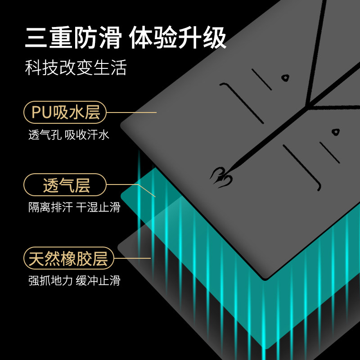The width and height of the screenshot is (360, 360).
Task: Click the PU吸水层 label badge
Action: (x=66, y=112)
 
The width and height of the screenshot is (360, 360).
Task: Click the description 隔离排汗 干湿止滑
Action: (x=74, y=207)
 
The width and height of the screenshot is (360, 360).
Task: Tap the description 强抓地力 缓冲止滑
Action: (x=74, y=281)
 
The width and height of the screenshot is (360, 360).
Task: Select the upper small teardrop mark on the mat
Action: (x=285, y=78)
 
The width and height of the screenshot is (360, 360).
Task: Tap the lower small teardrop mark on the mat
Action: (x=335, y=132)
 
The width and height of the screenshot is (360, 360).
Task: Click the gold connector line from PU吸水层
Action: (x=131, y=112)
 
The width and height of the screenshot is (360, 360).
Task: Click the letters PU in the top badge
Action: (x=42, y=112)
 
